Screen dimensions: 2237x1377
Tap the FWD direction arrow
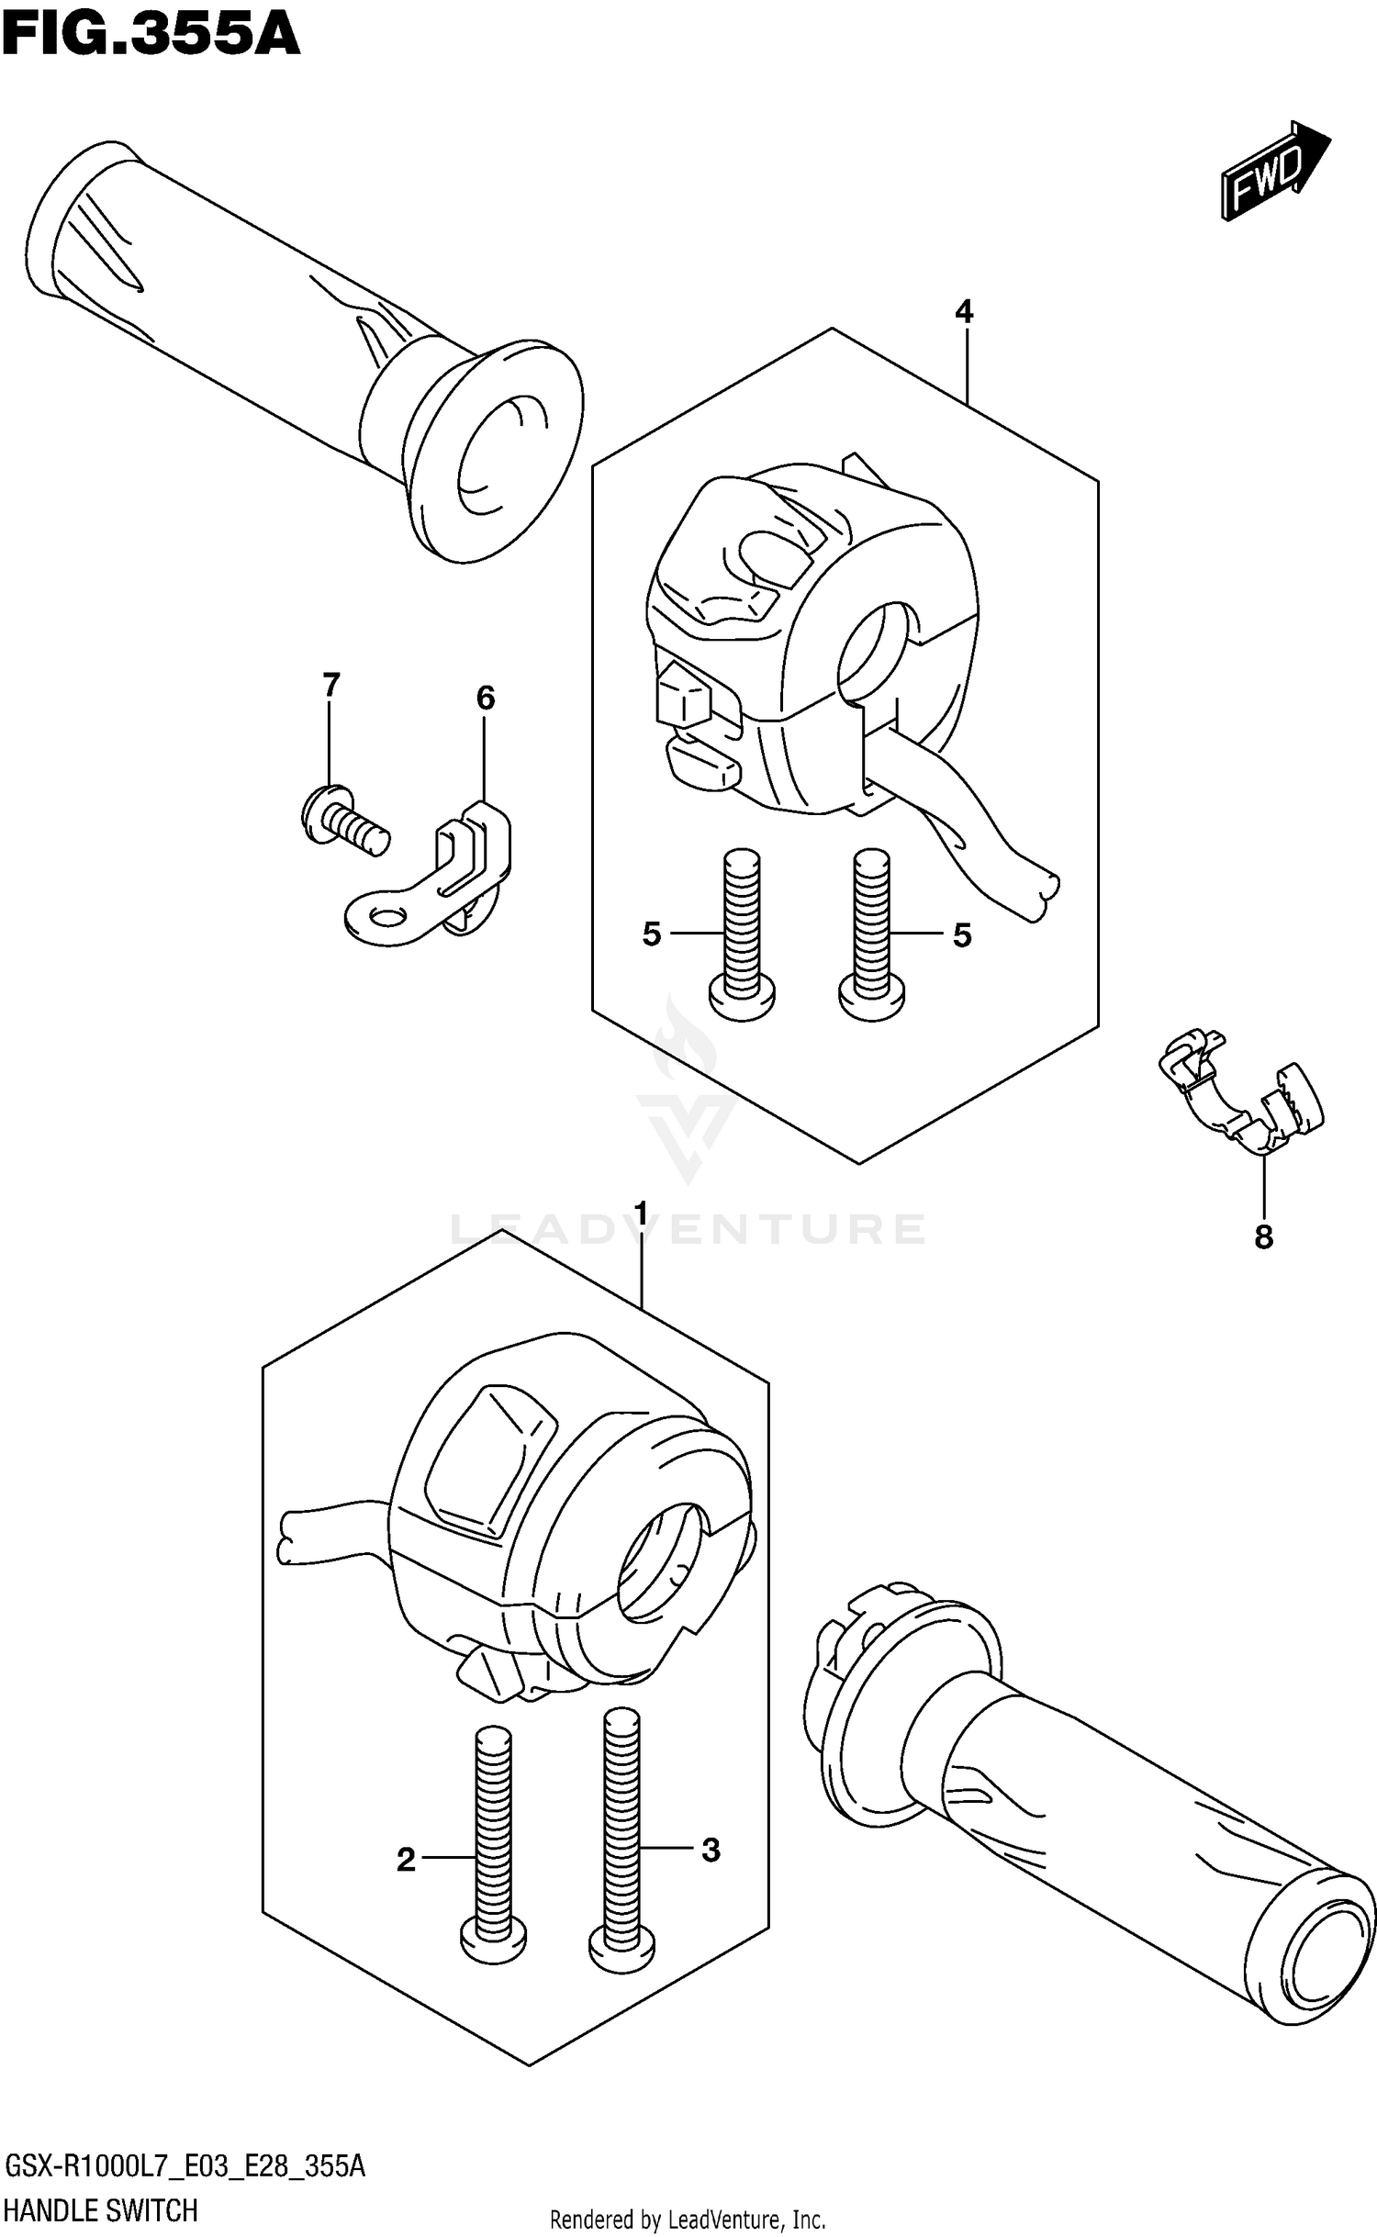tap(1274, 171)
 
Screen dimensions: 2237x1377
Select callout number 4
tap(963, 312)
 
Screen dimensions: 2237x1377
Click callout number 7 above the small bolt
tap(330, 684)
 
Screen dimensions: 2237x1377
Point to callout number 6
tap(485, 699)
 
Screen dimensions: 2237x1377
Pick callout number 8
tap(1263, 1237)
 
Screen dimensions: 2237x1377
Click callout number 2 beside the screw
tap(406, 1861)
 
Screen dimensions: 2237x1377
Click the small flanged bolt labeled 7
tap(343, 817)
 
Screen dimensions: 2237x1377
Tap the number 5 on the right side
tap(962, 935)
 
